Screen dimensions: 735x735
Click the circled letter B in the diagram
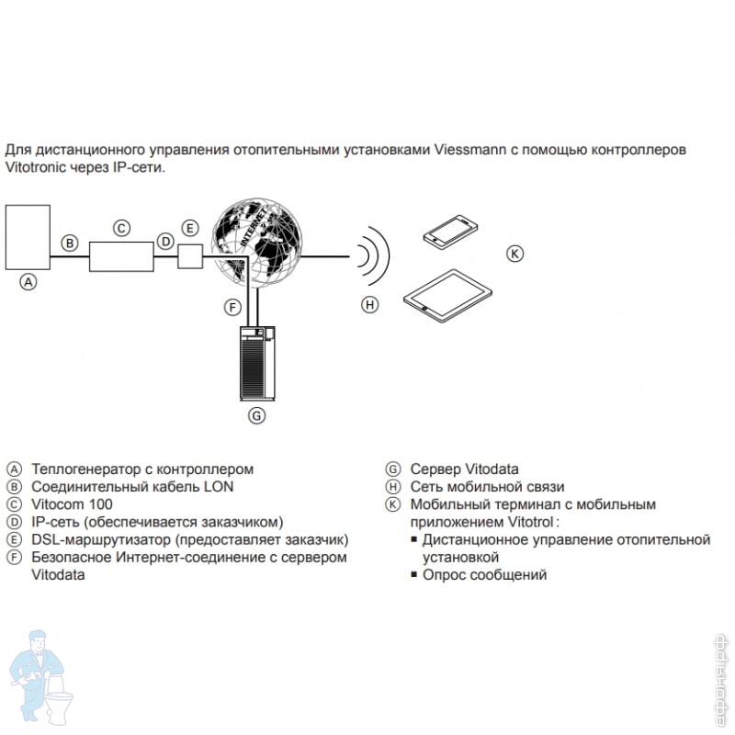[x=70, y=243]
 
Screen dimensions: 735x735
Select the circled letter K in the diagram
[x=516, y=253]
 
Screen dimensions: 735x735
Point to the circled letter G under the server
[x=257, y=415]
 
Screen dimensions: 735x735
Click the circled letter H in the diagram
[x=370, y=305]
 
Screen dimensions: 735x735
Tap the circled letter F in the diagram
[x=233, y=307]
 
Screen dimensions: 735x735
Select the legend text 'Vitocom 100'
[x=72, y=504]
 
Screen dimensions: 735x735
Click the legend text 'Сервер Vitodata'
[x=464, y=469]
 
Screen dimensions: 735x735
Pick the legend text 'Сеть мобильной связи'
[x=487, y=487]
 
